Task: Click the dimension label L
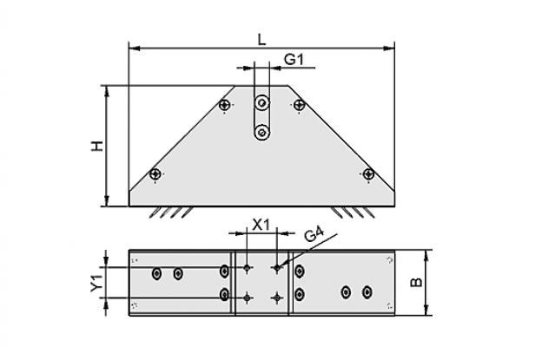262,40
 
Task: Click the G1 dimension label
294,59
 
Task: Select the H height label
97,146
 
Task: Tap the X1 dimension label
261,225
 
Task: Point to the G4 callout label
314,235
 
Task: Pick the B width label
416,282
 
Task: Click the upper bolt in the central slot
262,103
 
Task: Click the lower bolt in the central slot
262,133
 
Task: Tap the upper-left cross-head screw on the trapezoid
225,104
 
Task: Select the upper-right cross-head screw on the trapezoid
299,104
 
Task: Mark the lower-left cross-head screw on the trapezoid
155,173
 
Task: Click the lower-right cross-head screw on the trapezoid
369,173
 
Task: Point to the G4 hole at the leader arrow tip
277,267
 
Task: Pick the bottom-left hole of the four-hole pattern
247,298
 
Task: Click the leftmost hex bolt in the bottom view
157,274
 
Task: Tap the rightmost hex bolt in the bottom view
367,292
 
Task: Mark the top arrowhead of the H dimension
107,91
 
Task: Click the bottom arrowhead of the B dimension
426,310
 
